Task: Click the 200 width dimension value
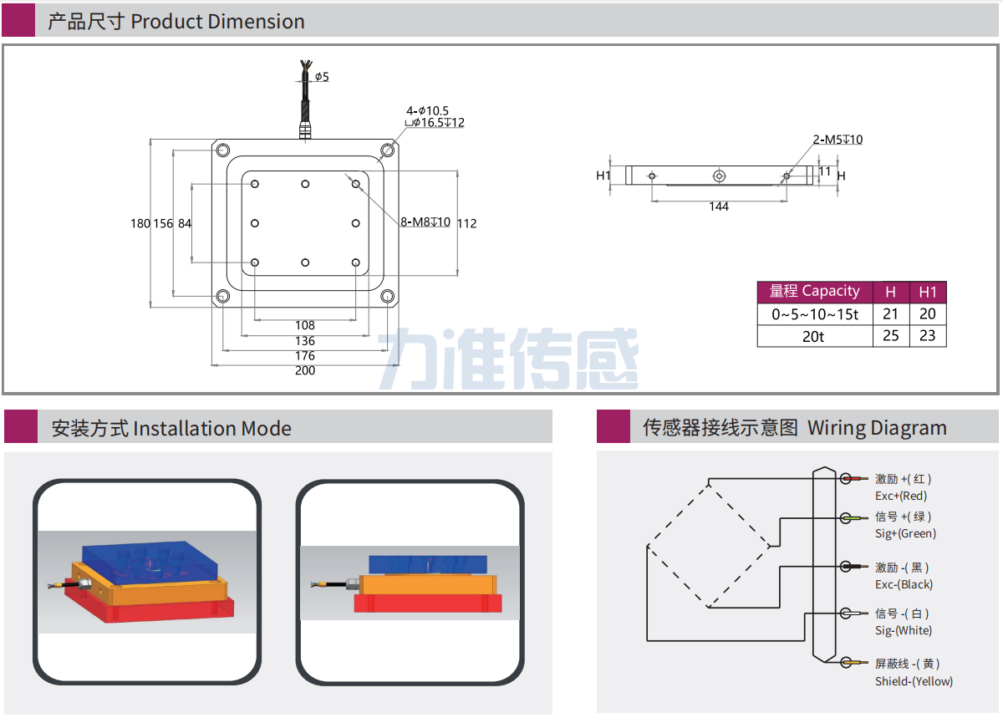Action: (305, 371)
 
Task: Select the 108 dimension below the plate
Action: (305, 326)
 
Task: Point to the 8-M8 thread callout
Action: (425, 222)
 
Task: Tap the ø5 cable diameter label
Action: (322, 77)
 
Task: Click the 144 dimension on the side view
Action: (719, 206)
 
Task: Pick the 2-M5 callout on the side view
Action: (838, 140)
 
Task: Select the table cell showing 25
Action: (891, 336)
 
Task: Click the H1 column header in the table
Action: (928, 292)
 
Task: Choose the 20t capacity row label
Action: (814, 336)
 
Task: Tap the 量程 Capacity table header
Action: (814, 291)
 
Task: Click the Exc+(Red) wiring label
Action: (901, 496)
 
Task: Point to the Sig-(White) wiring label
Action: (904, 630)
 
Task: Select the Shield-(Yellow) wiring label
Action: (914, 681)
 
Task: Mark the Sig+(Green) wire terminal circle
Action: (846, 518)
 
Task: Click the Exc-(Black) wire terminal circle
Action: (846, 567)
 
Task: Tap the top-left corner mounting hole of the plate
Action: (223, 151)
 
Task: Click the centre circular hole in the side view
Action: (719, 176)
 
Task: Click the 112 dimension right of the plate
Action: (467, 223)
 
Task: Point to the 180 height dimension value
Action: (140, 223)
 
